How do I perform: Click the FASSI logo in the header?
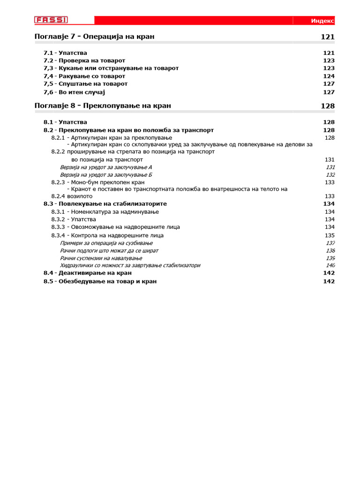point(51,20)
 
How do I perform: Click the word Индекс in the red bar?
point(322,21)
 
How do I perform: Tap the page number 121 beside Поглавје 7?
point(328,37)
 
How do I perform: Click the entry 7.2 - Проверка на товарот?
point(84,60)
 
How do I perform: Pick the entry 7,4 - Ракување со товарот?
point(84,76)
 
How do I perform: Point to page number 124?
point(329,76)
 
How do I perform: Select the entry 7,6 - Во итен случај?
point(74,92)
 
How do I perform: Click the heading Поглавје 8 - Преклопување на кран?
point(103,106)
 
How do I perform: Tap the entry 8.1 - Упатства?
point(65,122)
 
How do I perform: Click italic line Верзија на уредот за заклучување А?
point(106,167)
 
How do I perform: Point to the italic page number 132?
point(330,175)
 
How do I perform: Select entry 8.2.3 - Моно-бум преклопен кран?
point(98,182)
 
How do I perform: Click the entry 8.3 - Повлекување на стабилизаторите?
point(105,204)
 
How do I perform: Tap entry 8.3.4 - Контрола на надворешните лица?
point(107,235)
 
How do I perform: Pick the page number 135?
point(330,235)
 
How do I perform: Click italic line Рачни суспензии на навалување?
point(101,258)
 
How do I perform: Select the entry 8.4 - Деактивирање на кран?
point(88,273)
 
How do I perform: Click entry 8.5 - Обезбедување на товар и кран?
point(100,281)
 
